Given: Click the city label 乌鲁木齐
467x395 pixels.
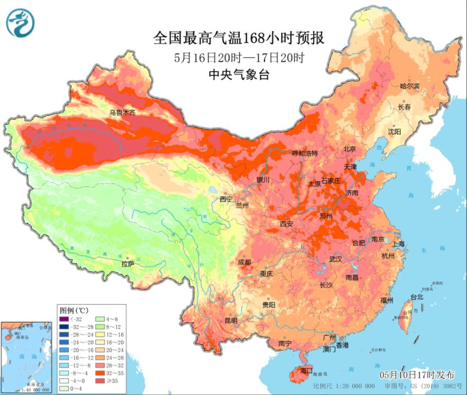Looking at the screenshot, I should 122,113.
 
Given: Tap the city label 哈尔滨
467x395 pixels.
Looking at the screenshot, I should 410,86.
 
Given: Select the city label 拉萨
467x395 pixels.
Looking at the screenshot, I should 127,264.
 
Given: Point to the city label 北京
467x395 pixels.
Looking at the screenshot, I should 350,149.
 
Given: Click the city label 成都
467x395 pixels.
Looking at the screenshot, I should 245,262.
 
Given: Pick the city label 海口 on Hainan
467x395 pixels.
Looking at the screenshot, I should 306,371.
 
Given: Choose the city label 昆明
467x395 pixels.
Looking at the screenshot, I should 230,320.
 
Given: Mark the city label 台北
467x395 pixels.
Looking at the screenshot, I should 416,297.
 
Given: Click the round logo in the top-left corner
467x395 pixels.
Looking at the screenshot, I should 21,23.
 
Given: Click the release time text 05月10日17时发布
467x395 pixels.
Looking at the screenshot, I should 420,374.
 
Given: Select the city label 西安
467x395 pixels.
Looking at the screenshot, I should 287,224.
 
